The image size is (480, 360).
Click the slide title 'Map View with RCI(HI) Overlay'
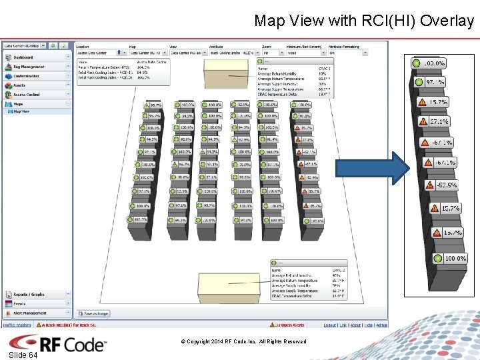point(363,21)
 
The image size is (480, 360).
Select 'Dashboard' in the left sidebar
point(23,57)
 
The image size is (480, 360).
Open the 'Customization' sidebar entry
point(27,76)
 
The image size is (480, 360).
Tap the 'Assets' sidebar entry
point(19,85)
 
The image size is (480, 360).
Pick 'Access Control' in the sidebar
point(27,95)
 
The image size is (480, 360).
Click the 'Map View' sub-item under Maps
point(21,111)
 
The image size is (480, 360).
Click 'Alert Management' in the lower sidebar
point(30,313)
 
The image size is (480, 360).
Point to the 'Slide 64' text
point(23,355)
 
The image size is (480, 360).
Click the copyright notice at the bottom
point(243,341)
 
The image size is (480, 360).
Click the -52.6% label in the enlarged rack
point(446,185)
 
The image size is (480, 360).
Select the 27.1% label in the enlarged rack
point(439,122)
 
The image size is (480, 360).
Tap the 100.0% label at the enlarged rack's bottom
point(455,258)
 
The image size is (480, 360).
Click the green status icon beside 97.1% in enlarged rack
point(419,82)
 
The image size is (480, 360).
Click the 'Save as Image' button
point(94,313)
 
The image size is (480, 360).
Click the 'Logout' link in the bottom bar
point(329,325)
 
